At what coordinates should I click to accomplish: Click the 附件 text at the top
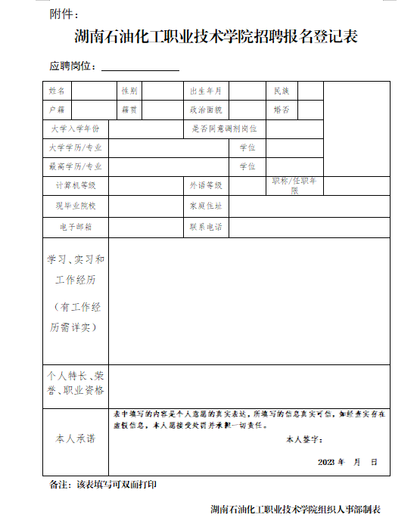click(x=63, y=14)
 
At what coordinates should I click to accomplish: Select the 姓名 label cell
click(x=57, y=91)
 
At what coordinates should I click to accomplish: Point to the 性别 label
click(x=129, y=91)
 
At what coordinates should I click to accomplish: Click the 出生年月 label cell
click(x=205, y=91)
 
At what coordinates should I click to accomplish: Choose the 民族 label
click(x=281, y=91)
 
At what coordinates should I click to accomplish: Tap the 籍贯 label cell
click(x=129, y=110)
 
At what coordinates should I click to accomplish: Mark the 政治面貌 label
click(x=205, y=110)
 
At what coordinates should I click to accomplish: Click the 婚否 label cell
click(x=281, y=110)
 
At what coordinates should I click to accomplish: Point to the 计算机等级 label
click(x=76, y=185)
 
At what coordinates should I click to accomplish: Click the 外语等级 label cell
click(x=205, y=185)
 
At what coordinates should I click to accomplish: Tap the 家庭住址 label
click(x=205, y=206)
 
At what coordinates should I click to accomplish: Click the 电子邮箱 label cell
click(x=76, y=226)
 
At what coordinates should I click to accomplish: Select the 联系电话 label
click(x=205, y=226)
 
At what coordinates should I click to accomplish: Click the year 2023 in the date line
click(x=326, y=461)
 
